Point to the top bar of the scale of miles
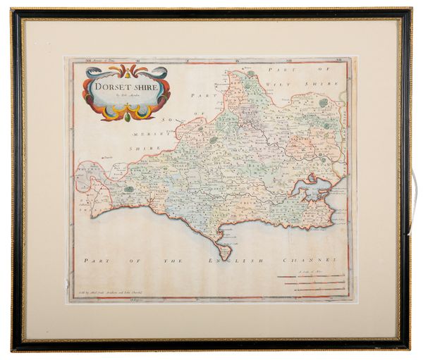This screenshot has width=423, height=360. pyautogui.click(x=310, y=277)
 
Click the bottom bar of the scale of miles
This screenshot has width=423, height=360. pyautogui.click(x=310, y=290)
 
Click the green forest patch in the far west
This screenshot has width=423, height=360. pyautogui.click(x=129, y=189)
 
